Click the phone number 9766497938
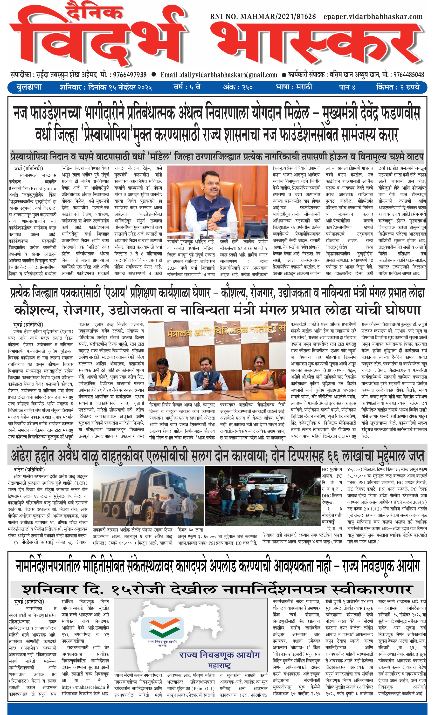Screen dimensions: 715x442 (130, 75)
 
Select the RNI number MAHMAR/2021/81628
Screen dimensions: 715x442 (263, 17)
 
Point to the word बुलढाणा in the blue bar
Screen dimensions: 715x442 (29, 87)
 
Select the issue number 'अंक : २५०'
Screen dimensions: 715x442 (238, 87)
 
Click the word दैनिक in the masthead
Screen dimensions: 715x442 (94, 12)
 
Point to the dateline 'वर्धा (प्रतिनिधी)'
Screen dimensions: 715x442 (29, 168)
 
